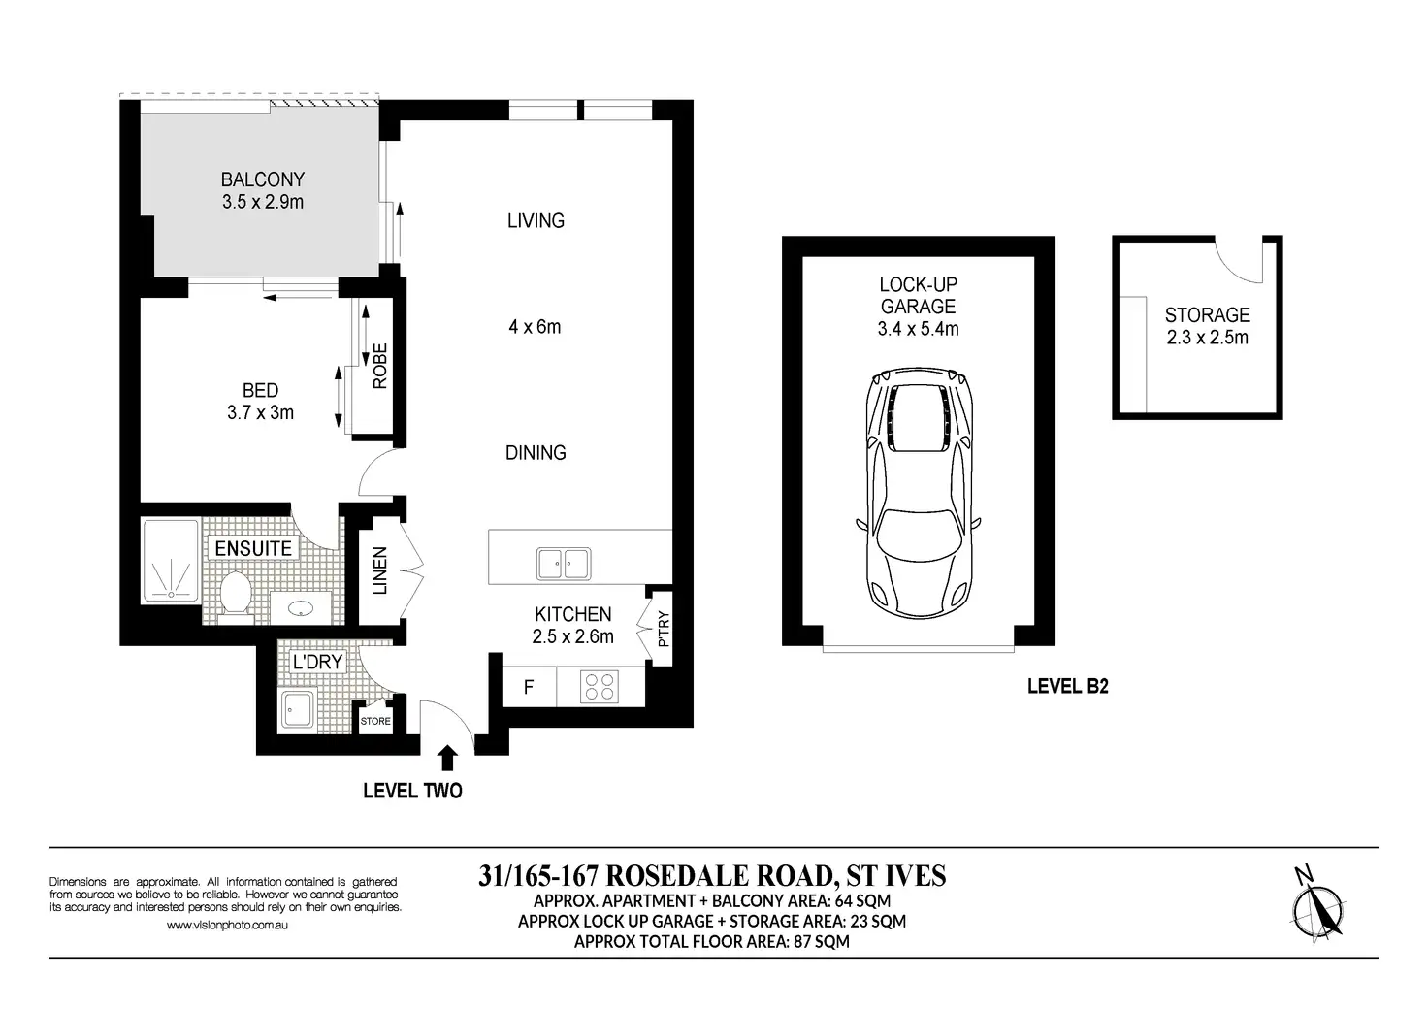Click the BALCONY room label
click(x=263, y=179)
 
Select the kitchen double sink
click(x=564, y=564)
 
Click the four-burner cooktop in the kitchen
click(x=600, y=687)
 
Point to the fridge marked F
click(x=529, y=687)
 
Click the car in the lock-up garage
click(x=918, y=495)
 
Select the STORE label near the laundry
click(x=375, y=721)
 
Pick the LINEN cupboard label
click(x=380, y=570)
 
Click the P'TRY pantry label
click(x=664, y=629)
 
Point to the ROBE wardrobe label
click(x=380, y=366)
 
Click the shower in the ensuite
click(x=171, y=562)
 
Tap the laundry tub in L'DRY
click(x=298, y=708)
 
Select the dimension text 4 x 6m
click(x=535, y=327)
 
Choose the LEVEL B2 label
click(x=1068, y=687)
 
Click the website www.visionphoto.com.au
click(x=228, y=925)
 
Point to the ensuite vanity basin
click(x=301, y=608)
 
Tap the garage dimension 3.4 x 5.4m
click(x=918, y=329)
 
